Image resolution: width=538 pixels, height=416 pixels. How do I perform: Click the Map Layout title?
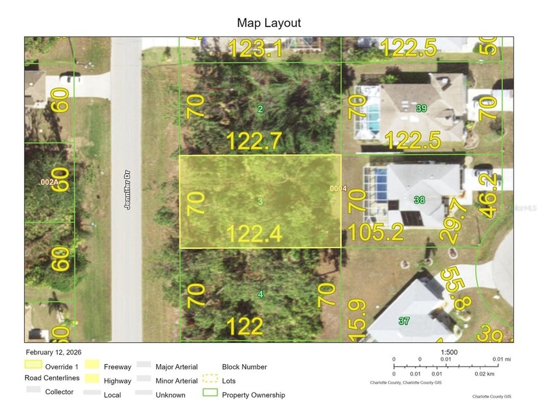coord(269,23)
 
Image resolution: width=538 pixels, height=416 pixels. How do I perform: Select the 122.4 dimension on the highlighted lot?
coord(254,234)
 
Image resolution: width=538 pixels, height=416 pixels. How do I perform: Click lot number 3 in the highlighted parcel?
coord(260,202)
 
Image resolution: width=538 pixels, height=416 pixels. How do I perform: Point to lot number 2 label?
coord(260,109)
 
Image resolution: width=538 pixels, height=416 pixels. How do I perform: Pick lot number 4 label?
coord(260,294)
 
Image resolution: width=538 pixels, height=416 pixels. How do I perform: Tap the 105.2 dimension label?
coord(375,232)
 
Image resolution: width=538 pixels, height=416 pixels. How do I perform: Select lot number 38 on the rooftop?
coord(420,201)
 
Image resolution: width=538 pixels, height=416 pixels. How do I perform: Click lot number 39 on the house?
coord(421,108)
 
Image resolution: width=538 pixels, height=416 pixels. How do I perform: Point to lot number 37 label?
coord(403,320)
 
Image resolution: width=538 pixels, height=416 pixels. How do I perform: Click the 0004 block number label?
coord(338,189)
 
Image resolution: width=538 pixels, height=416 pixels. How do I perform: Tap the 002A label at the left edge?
coord(49,183)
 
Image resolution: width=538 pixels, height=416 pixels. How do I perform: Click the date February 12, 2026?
coord(54,353)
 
